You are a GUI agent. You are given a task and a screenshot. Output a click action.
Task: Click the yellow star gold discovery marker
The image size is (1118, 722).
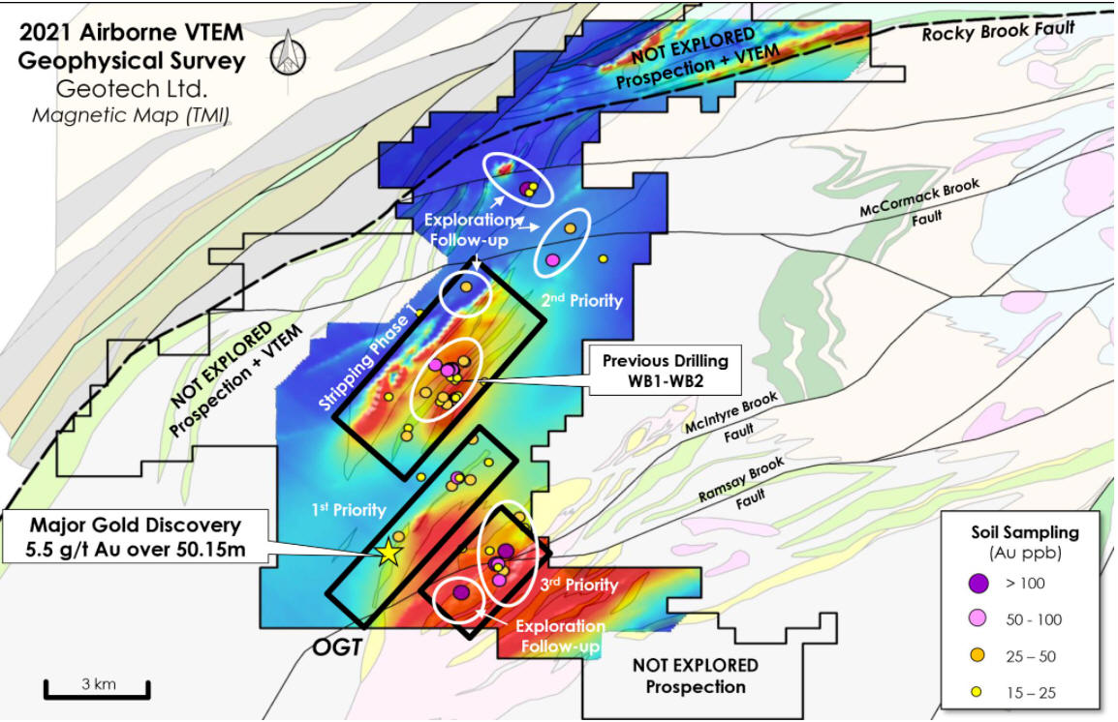pos(388,552)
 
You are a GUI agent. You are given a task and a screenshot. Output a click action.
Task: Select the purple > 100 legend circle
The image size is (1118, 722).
pos(978,584)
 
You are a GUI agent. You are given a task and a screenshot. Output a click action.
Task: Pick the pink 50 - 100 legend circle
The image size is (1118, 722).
pos(978,618)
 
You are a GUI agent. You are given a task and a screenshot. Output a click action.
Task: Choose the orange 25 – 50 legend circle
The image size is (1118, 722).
pos(978,655)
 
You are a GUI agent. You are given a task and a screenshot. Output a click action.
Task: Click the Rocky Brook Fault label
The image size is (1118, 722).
pos(998,30)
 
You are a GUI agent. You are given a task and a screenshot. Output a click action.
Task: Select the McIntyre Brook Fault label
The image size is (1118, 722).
pos(733,417)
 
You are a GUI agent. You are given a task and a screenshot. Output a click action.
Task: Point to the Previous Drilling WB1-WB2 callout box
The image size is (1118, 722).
pos(666,371)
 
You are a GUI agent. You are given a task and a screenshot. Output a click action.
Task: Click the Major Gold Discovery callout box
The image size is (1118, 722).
pos(136,537)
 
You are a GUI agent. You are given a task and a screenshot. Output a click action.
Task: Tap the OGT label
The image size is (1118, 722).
pos(337,647)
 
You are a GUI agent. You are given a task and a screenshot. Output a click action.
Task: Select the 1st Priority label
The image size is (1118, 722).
pos(349,509)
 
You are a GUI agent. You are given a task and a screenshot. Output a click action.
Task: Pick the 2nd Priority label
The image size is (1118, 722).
pos(582,300)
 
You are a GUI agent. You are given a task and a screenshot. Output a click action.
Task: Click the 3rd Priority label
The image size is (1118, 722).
pos(578,584)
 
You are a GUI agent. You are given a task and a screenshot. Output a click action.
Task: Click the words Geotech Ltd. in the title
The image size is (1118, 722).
pos(132,89)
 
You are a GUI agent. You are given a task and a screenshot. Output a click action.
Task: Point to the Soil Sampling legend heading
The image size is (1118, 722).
pos(1025,532)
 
